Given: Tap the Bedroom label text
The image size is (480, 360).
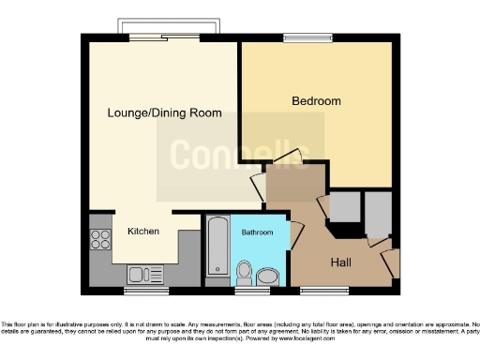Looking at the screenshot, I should pyautogui.click(x=315, y=100).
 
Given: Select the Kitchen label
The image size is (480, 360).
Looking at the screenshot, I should pyautogui.click(x=142, y=231).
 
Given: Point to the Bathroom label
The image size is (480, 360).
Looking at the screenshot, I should pyautogui.click(x=257, y=232).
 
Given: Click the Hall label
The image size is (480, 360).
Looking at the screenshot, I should pyautogui.click(x=341, y=263).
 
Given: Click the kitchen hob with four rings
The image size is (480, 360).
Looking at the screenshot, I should pyautogui.click(x=100, y=239).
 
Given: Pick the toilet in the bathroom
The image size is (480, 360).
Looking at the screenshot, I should pyautogui.click(x=245, y=273).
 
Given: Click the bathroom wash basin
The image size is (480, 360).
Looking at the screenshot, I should pyautogui.click(x=269, y=276).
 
